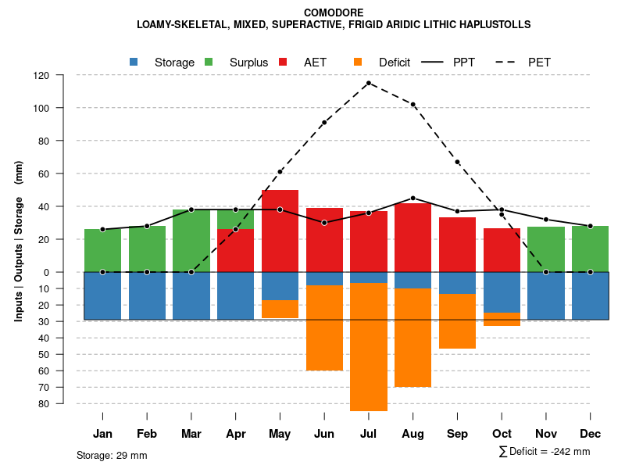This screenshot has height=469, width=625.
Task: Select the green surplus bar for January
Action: point(102,250)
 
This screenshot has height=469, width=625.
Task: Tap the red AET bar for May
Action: point(280,231)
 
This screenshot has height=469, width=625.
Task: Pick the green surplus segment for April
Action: point(235,219)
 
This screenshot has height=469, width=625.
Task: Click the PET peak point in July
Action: point(369,83)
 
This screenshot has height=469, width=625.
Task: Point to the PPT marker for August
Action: point(413,198)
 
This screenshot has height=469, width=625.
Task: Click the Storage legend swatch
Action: point(134,63)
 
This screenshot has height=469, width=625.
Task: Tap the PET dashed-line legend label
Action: point(539,63)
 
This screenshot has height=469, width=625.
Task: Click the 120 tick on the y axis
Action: point(41,76)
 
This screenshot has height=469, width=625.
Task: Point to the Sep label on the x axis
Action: point(458,434)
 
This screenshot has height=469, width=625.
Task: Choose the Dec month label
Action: point(591,434)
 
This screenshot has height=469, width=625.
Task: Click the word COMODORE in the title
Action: point(334,13)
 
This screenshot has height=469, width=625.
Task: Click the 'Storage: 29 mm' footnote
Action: point(112,455)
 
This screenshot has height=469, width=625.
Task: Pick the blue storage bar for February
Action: point(147,295)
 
